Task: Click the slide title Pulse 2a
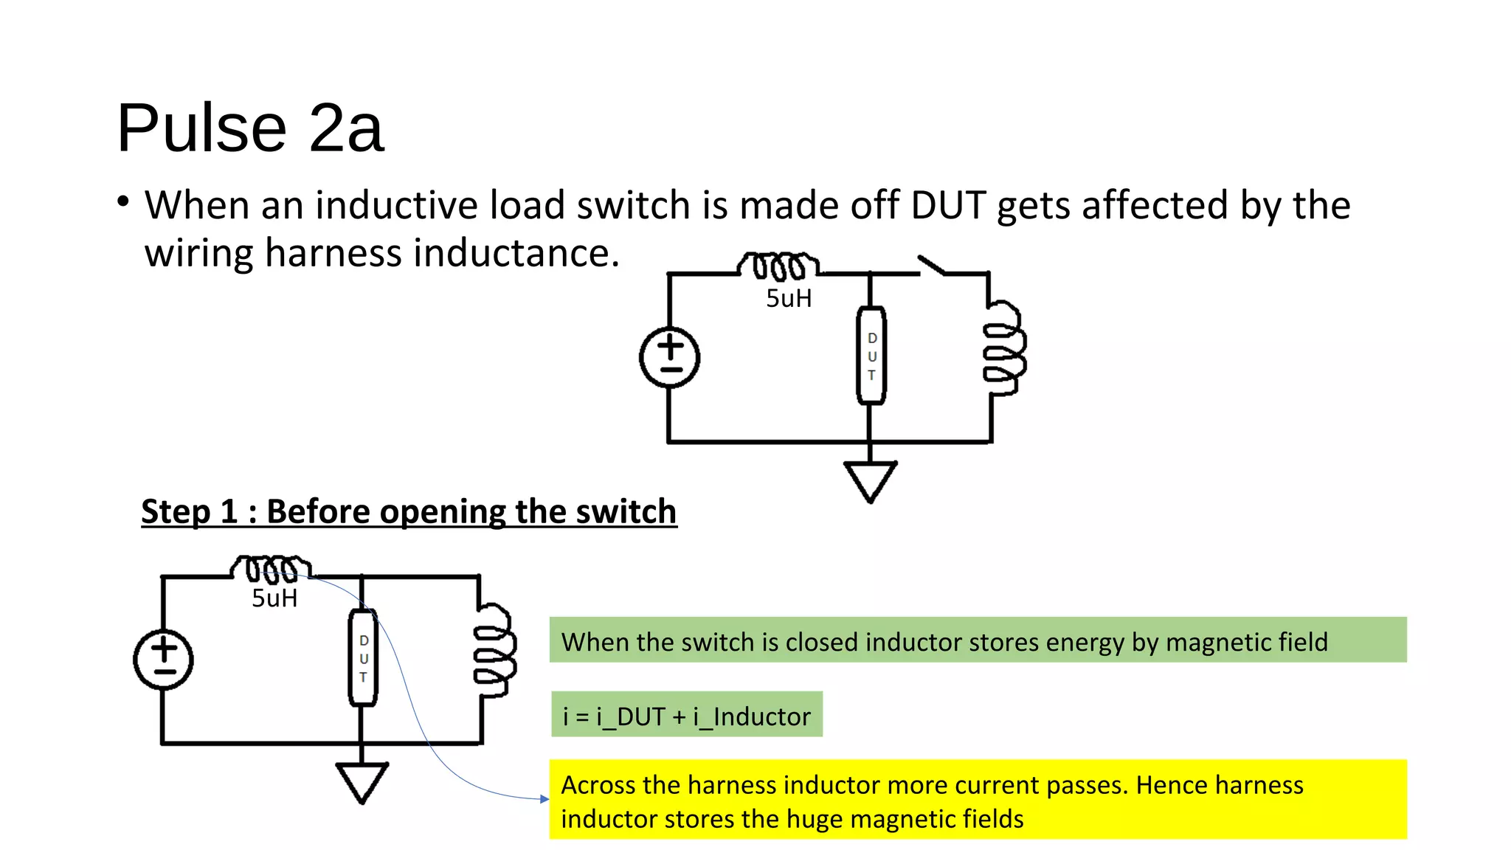[250, 128]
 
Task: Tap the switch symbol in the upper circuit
[932, 266]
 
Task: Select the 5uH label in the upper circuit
[789, 299]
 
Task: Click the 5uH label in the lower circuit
[274, 598]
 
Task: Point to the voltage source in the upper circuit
[670, 358]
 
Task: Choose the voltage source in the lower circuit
[164, 660]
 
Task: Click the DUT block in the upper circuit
[871, 356]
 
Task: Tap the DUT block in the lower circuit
[363, 658]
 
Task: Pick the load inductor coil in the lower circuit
[495, 649]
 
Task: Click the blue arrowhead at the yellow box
[544, 799]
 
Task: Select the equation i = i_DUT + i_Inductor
[686, 716]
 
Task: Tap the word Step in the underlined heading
[175, 511]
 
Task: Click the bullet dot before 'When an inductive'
[123, 201]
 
